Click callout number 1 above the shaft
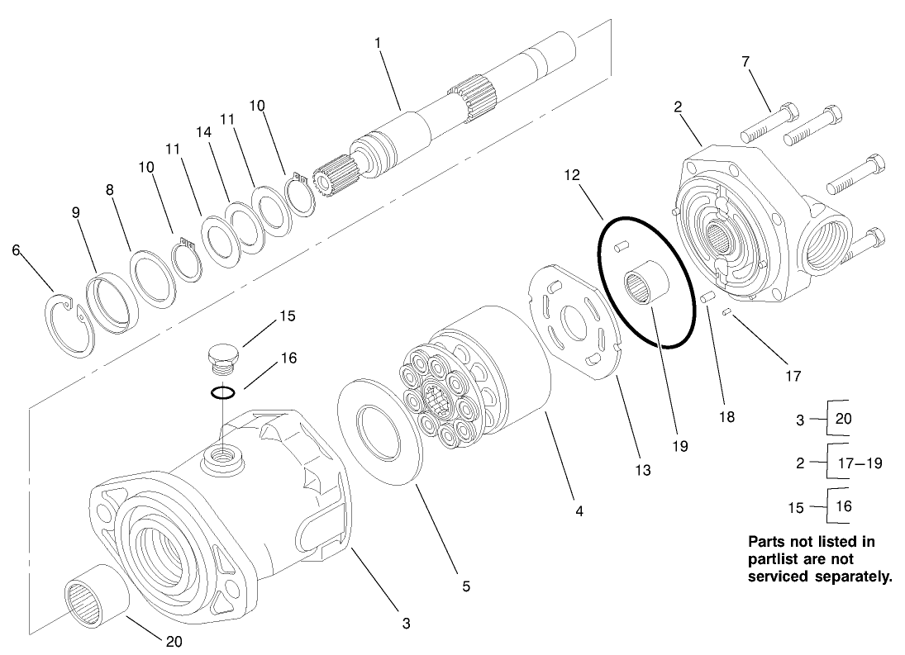click(377, 42)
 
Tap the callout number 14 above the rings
click(203, 132)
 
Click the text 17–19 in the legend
click(860, 463)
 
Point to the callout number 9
click(75, 212)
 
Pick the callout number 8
click(110, 189)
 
